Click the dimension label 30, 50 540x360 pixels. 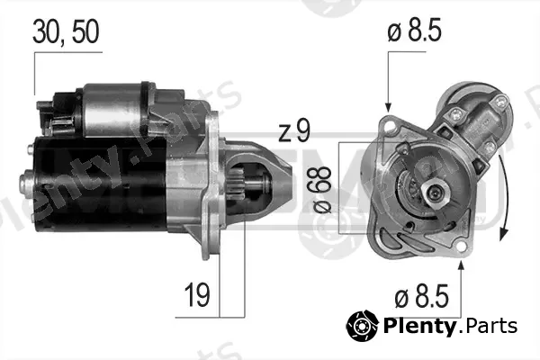[x=66, y=31]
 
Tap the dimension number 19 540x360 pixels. [x=197, y=294]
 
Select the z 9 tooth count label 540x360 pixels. [x=294, y=130]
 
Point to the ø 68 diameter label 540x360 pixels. [x=322, y=190]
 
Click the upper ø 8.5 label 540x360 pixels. [x=414, y=30]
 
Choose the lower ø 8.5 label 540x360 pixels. [x=421, y=296]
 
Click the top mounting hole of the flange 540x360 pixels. [x=389, y=126]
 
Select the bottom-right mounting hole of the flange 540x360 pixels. [x=461, y=247]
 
